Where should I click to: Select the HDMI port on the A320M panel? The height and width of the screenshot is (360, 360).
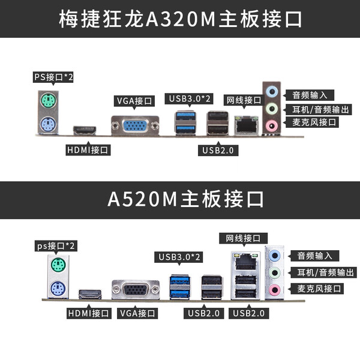click(85, 130)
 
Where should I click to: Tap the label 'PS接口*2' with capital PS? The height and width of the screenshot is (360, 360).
click(53, 77)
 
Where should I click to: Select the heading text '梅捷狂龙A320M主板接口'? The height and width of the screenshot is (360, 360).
click(180, 19)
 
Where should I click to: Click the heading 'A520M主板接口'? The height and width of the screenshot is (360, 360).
click(180, 199)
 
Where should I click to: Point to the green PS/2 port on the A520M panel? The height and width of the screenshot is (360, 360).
click(58, 266)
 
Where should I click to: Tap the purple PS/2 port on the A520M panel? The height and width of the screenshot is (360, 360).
click(58, 288)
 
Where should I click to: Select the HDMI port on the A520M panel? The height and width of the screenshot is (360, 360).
click(91, 294)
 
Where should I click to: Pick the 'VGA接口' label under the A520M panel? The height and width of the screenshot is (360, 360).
click(137, 313)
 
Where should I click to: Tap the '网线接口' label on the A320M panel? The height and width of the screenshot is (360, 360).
click(243, 100)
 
